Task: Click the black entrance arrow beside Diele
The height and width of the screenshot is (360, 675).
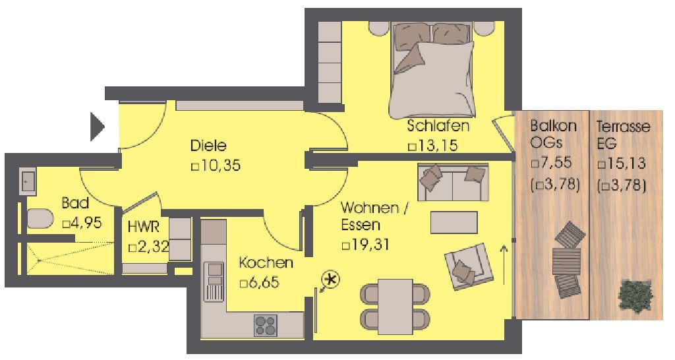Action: click(x=97, y=127)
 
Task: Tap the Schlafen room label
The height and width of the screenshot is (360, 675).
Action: click(x=438, y=126)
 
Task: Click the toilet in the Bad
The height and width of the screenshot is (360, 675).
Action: click(x=40, y=218)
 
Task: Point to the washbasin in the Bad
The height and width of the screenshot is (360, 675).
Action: click(x=28, y=182)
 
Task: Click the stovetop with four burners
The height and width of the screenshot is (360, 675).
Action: click(x=265, y=326)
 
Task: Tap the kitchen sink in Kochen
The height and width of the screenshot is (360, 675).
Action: click(x=214, y=281)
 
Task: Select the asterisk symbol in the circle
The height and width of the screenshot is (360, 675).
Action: click(x=332, y=280)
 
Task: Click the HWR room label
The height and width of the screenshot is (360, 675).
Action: click(x=143, y=227)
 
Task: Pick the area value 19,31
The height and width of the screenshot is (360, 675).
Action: click(x=370, y=245)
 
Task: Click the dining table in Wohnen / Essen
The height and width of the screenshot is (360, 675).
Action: click(x=396, y=307)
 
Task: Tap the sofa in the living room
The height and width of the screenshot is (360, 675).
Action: click(x=453, y=182)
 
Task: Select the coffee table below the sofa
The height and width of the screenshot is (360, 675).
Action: click(x=454, y=222)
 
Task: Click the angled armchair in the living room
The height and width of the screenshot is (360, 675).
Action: click(x=469, y=266)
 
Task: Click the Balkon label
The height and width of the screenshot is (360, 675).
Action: click(x=553, y=126)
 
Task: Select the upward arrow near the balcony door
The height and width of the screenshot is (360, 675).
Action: click(x=504, y=265)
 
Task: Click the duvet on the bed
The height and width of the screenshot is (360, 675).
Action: click(x=432, y=80)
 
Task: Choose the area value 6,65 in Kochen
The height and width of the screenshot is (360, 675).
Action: click(x=264, y=282)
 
